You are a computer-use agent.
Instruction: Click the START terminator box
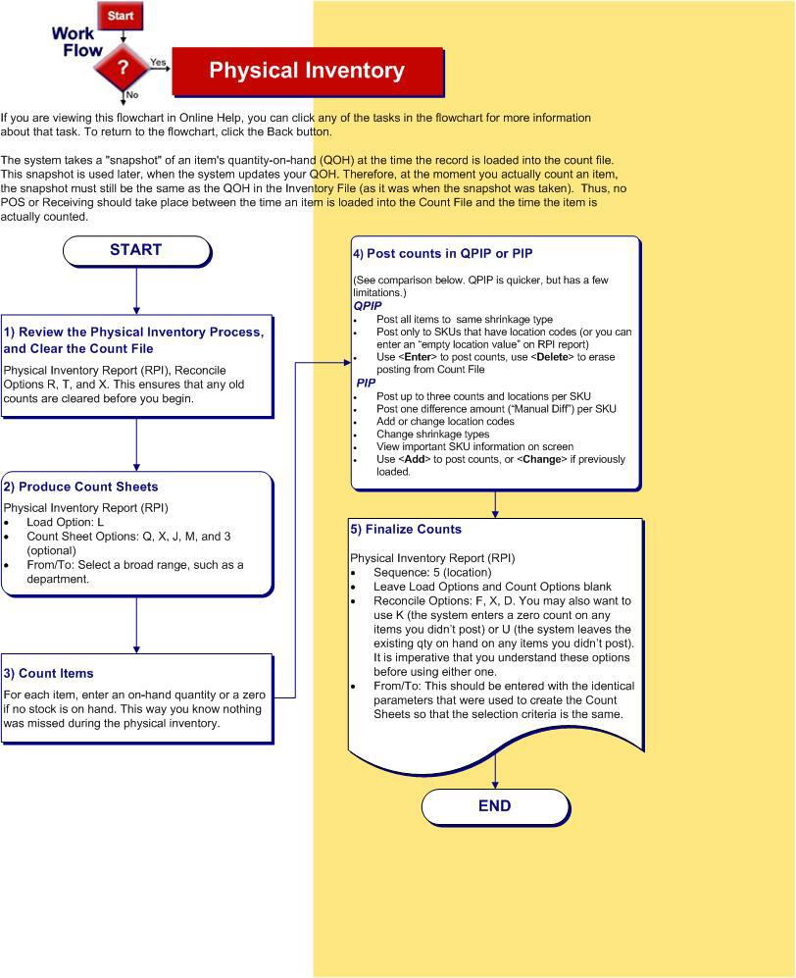[x=136, y=250]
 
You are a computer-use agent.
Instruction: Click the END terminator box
[x=494, y=806]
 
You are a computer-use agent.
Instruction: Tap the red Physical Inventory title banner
[x=307, y=71]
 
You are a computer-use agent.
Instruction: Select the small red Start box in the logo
[x=121, y=16]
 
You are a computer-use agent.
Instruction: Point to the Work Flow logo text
[x=75, y=41]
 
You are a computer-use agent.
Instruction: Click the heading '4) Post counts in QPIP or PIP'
[x=443, y=253]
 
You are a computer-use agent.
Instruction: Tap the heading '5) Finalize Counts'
[x=406, y=529]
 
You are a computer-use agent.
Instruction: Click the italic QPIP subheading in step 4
[x=368, y=306]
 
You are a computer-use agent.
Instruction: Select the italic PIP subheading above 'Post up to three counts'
[x=366, y=384]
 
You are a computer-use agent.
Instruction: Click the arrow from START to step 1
[x=136, y=290]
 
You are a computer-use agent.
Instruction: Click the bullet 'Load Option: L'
[x=66, y=523]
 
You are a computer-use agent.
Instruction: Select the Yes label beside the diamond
[x=158, y=62]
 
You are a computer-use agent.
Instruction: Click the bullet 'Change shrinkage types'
[x=431, y=434]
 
